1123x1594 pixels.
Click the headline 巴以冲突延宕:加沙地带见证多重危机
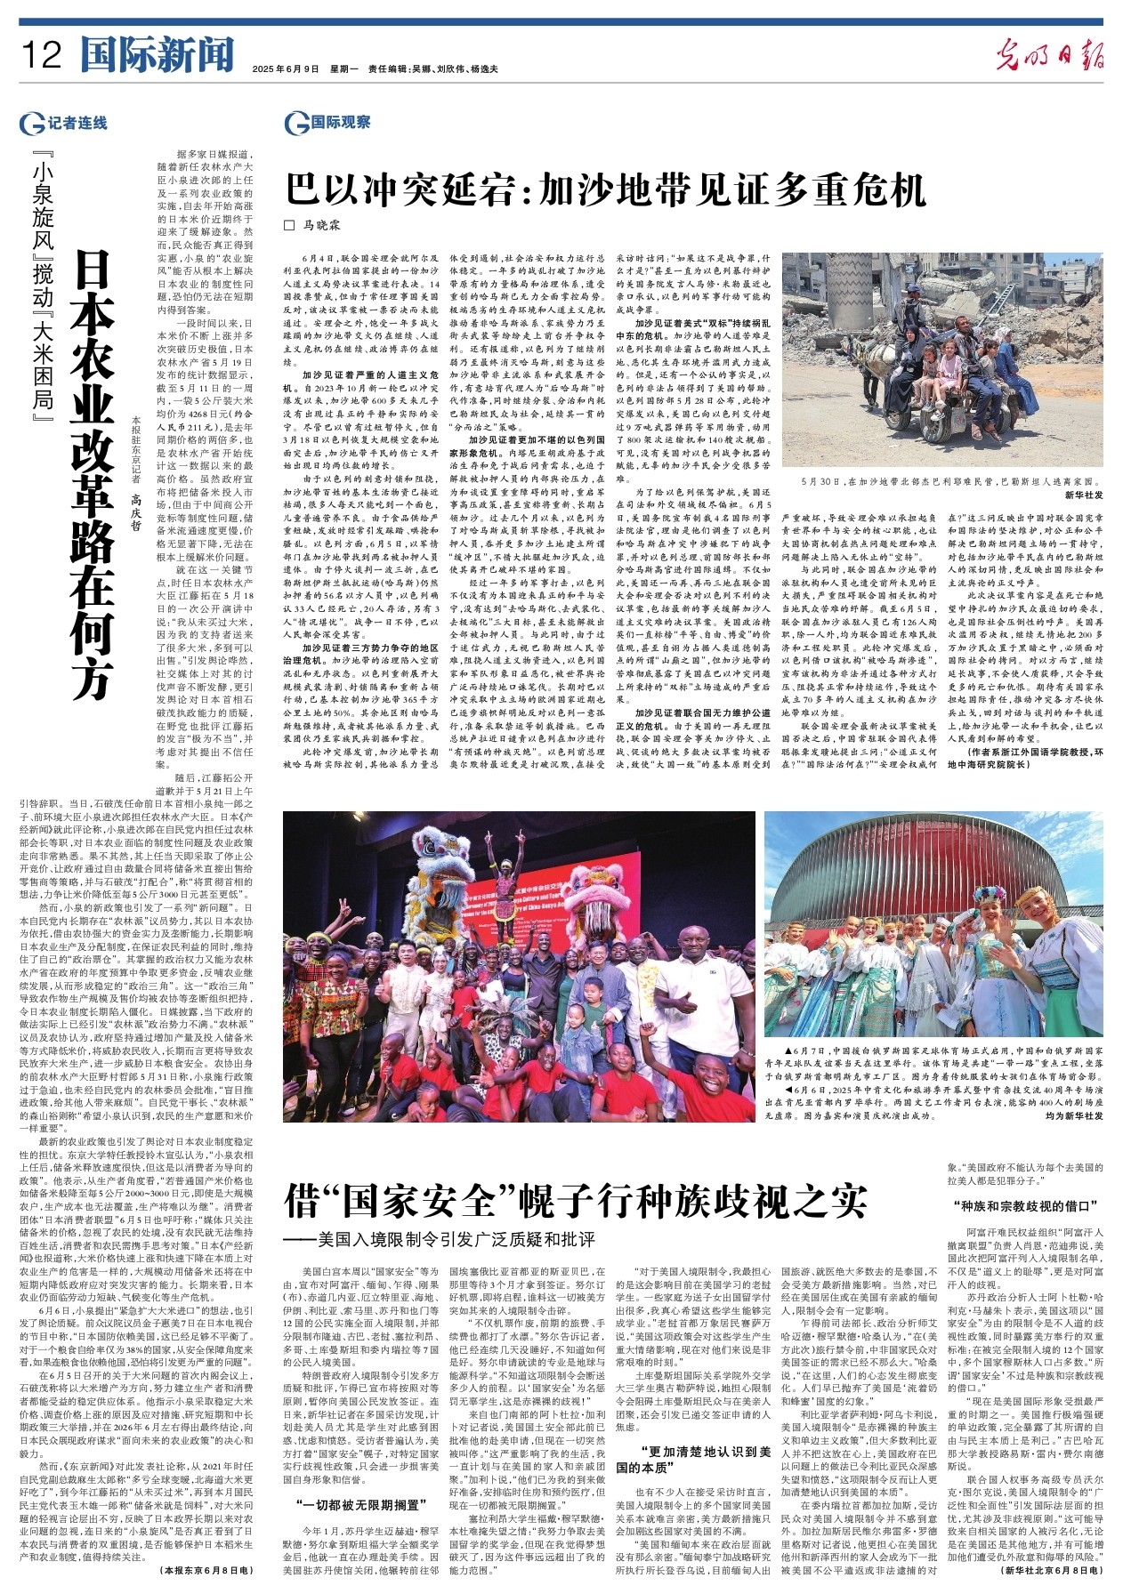605,189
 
